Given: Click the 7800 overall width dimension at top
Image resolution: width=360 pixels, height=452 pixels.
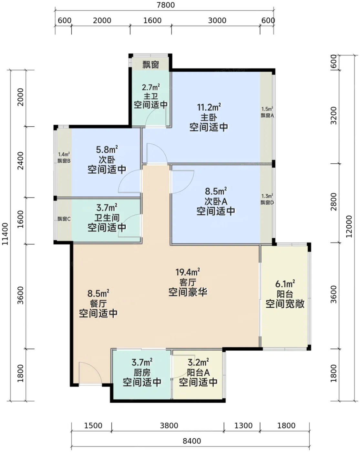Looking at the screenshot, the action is (x=166, y=5).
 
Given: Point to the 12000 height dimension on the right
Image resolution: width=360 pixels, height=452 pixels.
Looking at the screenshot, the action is (x=349, y=226).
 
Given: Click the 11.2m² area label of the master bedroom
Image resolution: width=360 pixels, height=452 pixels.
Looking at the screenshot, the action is (x=209, y=107).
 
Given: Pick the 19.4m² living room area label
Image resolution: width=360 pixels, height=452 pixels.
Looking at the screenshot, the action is (x=188, y=272).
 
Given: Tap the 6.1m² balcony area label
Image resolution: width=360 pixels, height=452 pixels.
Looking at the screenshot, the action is (x=285, y=284).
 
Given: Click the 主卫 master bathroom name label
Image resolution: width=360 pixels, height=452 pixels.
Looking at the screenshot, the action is (x=150, y=96).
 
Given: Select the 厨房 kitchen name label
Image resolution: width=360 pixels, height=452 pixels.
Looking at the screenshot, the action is (x=142, y=373).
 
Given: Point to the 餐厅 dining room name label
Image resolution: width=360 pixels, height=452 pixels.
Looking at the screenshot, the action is (x=98, y=303).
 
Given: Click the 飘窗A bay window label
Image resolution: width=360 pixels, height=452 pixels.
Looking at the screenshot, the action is (x=267, y=115).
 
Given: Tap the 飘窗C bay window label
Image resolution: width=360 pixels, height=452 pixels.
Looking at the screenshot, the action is (x=64, y=219).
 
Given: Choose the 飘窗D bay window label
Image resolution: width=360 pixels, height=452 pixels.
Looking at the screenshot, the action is (x=267, y=202).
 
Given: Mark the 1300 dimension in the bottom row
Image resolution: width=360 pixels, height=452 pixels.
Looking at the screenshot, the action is (x=243, y=426).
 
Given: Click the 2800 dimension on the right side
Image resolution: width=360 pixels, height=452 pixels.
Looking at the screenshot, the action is (x=334, y=202).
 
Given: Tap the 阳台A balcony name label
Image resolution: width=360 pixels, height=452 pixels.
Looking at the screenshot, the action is (x=198, y=373).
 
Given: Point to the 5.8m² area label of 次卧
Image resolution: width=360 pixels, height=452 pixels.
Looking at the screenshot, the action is (x=107, y=149).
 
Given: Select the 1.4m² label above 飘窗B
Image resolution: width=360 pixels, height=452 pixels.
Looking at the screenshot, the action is (x=64, y=154).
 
